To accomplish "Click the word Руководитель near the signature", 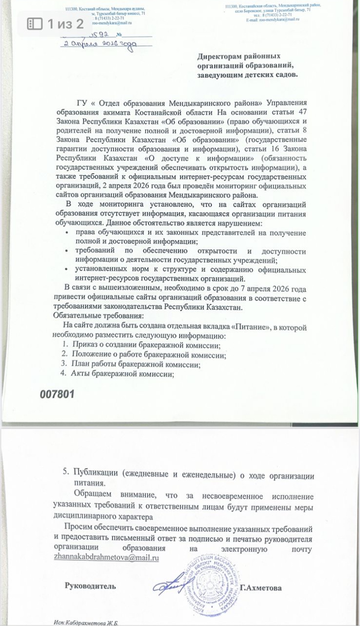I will click(x=90, y=586).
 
